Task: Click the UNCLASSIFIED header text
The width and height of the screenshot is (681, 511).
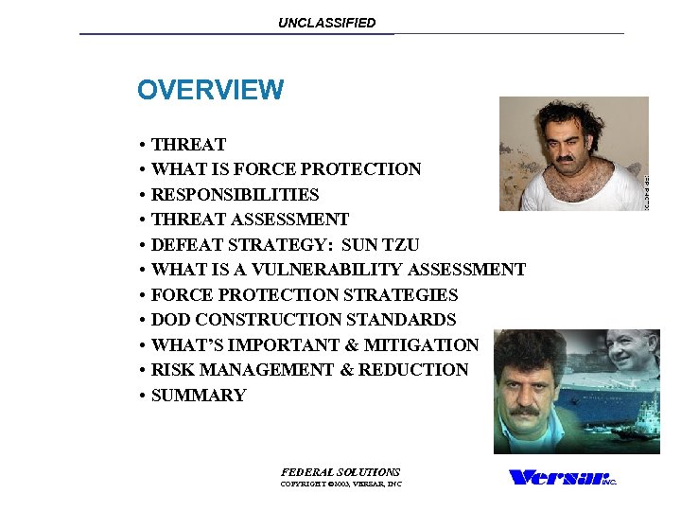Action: [326, 23]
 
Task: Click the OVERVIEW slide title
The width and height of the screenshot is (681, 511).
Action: [210, 90]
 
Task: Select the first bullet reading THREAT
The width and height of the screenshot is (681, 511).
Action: [188, 145]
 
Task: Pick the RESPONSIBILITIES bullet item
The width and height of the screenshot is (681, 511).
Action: [235, 195]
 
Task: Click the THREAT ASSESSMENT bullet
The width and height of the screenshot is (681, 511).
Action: [250, 220]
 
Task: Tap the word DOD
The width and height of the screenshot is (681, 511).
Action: [171, 320]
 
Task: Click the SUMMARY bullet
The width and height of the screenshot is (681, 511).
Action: [199, 396]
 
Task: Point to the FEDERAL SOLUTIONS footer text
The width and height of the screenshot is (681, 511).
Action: [340, 471]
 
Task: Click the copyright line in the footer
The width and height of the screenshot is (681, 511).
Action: [340, 485]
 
